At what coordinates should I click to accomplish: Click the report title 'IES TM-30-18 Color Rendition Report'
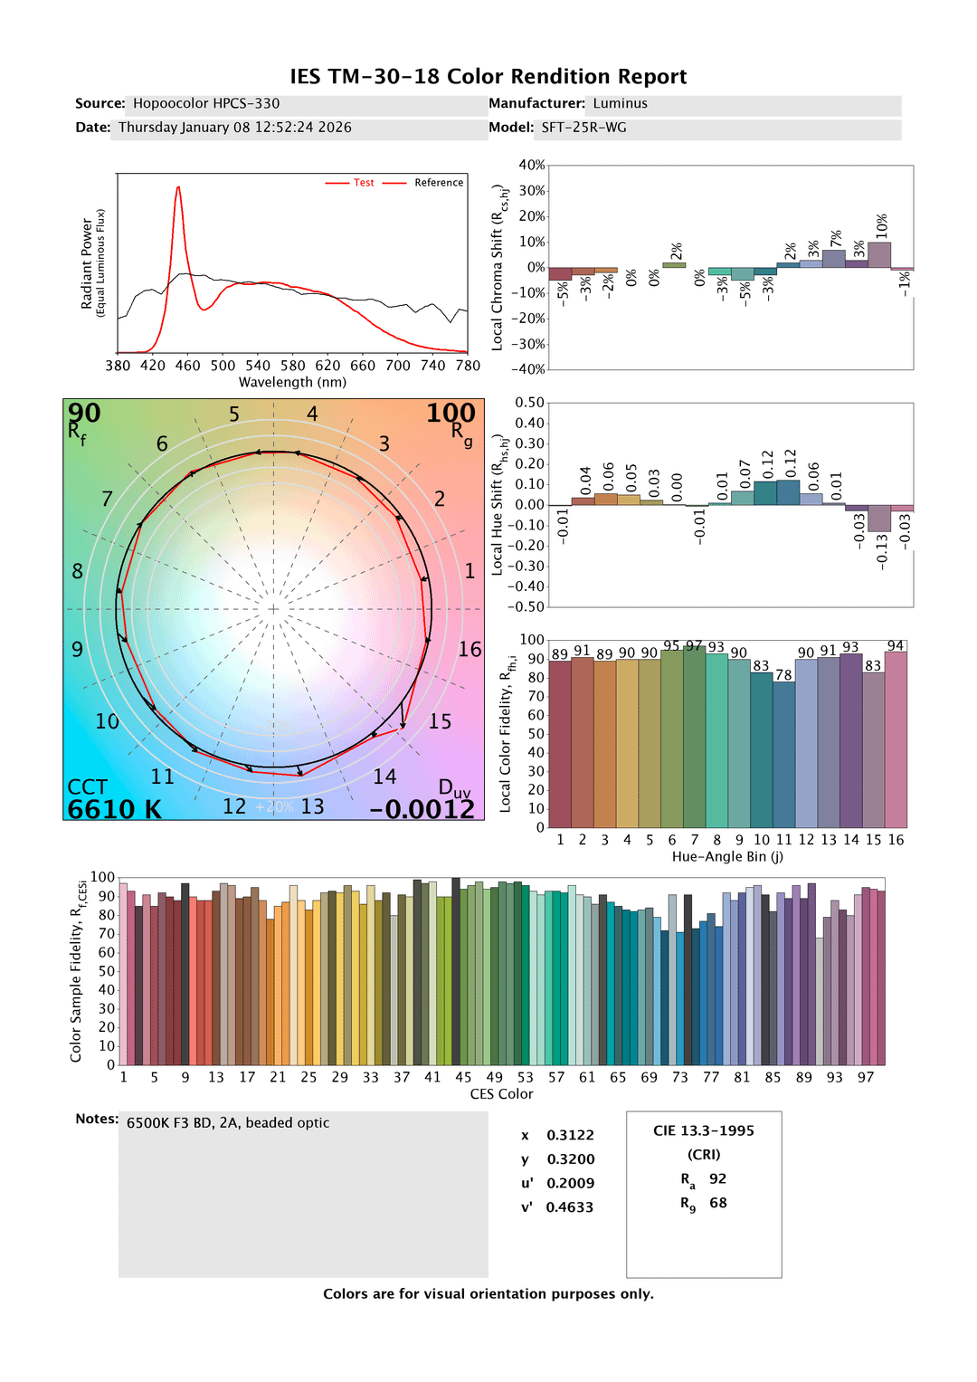[488, 77]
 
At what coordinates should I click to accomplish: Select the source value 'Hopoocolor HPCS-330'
[206, 104]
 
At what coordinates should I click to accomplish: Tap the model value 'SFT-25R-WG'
[583, 128]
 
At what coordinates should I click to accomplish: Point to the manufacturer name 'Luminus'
[620, 104]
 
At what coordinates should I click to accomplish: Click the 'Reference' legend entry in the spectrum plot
[439, 183]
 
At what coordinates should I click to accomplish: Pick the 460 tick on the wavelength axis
[187, 366]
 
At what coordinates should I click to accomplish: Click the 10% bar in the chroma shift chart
[879, 254]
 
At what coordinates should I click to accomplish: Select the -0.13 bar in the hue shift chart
[879, 518]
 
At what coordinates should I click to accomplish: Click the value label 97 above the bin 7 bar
[694, 646]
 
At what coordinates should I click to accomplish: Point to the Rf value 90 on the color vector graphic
[84, 414]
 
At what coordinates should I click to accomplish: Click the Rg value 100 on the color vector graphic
[451, 414]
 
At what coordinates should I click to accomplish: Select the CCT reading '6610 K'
[114, 809]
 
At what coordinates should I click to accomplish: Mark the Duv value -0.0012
[422, 809]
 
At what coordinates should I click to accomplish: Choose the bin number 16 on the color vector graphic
[470, 650]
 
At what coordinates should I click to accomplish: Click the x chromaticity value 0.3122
[570, 1135]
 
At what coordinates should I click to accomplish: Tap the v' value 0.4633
[570, 1207]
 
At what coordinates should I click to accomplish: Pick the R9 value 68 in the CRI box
[718, 1203]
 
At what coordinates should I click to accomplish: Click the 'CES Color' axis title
[501, 1094]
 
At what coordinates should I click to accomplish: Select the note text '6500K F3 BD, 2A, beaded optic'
[228, 1123]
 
